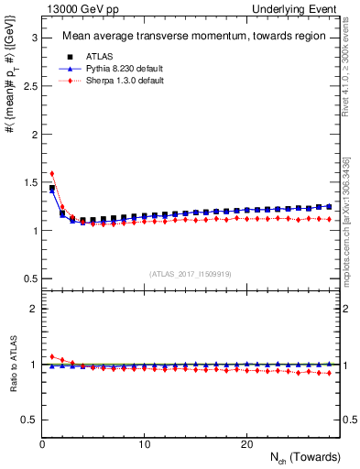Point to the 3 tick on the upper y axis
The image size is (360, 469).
pyautogui.click(x=33, y=38)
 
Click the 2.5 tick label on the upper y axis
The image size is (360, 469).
pyautogui.click(x=27, y=86)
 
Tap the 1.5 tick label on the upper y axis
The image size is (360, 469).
pyautogui.click(x=27, y=182)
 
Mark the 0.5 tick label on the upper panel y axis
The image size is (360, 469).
pyautogui.click(x=27, y=278)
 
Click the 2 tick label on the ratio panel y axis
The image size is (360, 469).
pyautogui.click(x=33, y=309)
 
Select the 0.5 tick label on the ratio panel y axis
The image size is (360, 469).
pyautogui.click(x=27, y=420)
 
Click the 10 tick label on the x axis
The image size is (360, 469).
pyautogui.click(x=145, y=444)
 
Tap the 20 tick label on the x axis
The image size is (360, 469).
pyautogui.click(x=246, y=444)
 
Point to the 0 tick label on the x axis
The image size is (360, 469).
pyautogui.click(x=43, y=444)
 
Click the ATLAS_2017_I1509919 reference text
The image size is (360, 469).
pyautogui.click(x=191, y=273)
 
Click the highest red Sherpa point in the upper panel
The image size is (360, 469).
pyautogui.click(x=52, y=173)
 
